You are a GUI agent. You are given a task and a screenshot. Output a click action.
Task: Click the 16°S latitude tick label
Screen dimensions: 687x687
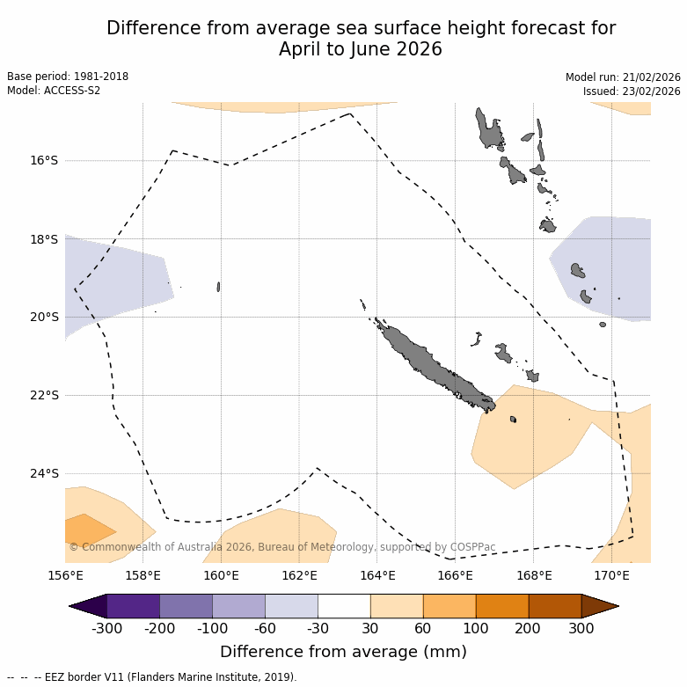pos(44,160)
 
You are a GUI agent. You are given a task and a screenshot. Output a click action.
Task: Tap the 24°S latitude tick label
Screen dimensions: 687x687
pos(44,473)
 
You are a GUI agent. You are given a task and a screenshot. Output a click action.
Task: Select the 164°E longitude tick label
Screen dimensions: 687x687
pos(377,576)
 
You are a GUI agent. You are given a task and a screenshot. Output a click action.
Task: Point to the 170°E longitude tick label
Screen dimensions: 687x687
pos(611,576)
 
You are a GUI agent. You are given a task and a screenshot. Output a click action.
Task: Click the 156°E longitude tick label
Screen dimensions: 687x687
pos(65,576)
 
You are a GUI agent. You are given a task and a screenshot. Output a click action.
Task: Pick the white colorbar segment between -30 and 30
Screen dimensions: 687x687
pos(344,606)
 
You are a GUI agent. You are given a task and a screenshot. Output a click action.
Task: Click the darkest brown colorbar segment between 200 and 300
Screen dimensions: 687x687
pos(554,606)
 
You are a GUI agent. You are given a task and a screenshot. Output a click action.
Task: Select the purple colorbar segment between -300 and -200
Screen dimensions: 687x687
pos(133,606)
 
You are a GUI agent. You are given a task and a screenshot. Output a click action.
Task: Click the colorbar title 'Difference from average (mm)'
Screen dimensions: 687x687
pos(343,652)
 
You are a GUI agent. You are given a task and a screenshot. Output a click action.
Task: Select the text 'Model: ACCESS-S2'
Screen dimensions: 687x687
pos(54,91)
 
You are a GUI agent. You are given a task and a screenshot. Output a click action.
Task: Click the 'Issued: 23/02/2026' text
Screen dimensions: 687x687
pos(632,91)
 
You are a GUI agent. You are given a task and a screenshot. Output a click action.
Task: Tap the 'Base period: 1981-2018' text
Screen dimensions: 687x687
pos(68,77)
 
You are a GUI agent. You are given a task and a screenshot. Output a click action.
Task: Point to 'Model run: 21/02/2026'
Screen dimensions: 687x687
pos(623,77)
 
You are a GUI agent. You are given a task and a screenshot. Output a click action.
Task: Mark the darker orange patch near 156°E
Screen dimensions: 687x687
pos(85,530)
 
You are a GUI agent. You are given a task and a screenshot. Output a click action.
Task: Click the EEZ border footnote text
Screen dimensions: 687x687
pos(152,677)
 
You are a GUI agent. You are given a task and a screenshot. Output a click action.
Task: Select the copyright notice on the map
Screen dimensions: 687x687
pos(281,547)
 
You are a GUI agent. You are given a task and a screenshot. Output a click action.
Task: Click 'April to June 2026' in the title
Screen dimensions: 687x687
pos(361,49)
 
